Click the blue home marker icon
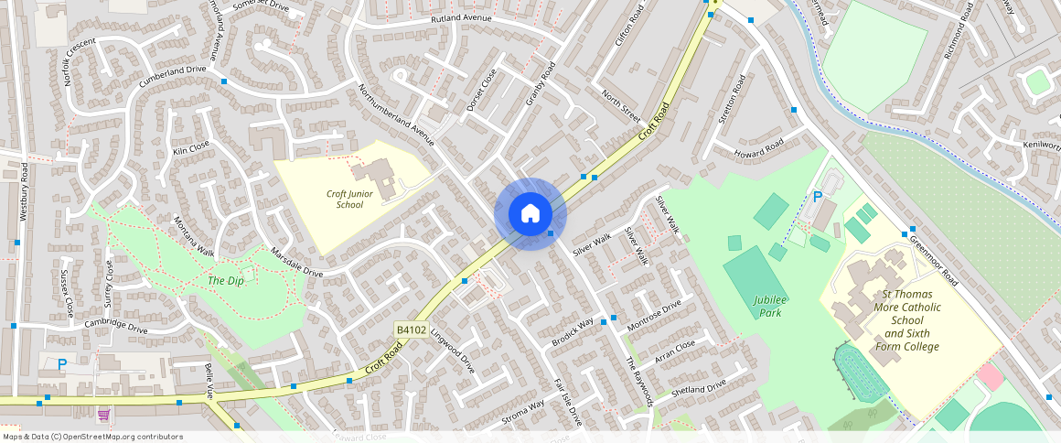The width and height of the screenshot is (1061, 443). (530, 214)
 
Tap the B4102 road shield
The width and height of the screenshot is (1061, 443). (412, 329)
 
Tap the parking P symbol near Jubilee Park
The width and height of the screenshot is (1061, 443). (818, 196)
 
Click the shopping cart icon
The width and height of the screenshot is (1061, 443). (103, 414)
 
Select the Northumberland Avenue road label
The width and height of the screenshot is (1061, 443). (396, 116)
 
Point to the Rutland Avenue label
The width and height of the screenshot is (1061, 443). (461, 19)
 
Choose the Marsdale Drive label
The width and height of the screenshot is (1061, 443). (296, 262)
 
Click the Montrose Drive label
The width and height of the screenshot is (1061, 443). (654, 314)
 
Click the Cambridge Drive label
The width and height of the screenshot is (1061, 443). (116, 326)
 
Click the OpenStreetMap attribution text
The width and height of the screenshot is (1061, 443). (93, 437)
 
